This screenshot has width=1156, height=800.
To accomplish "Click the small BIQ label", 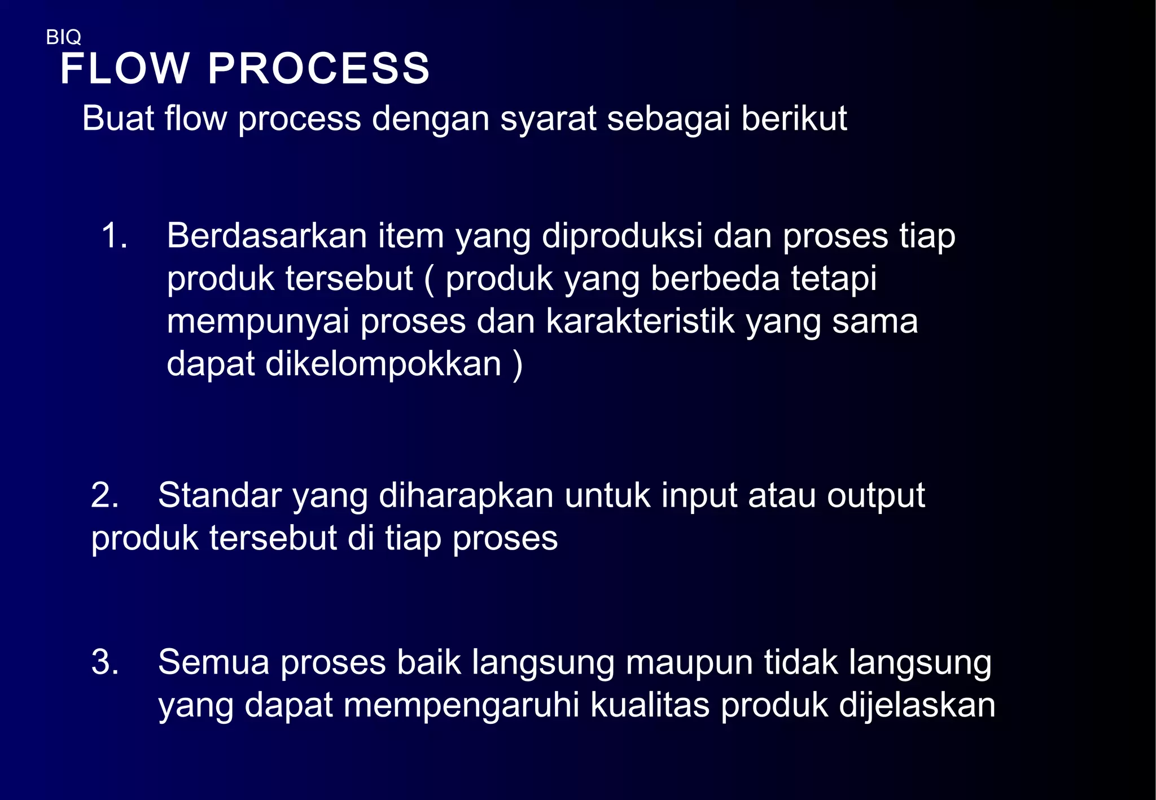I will point(63,37).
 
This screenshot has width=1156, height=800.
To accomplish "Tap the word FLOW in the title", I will point(125,69).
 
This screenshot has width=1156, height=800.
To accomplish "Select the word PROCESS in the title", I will point(319,69).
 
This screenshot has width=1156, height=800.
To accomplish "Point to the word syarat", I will point(548,120).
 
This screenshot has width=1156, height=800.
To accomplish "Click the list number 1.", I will point(113,235).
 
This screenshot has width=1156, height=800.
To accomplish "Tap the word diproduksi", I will point(622,236).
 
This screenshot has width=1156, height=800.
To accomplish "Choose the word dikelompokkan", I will point(383,364).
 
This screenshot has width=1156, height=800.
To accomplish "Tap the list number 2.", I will point(104,495).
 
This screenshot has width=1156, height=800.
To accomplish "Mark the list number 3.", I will point(104,662).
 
